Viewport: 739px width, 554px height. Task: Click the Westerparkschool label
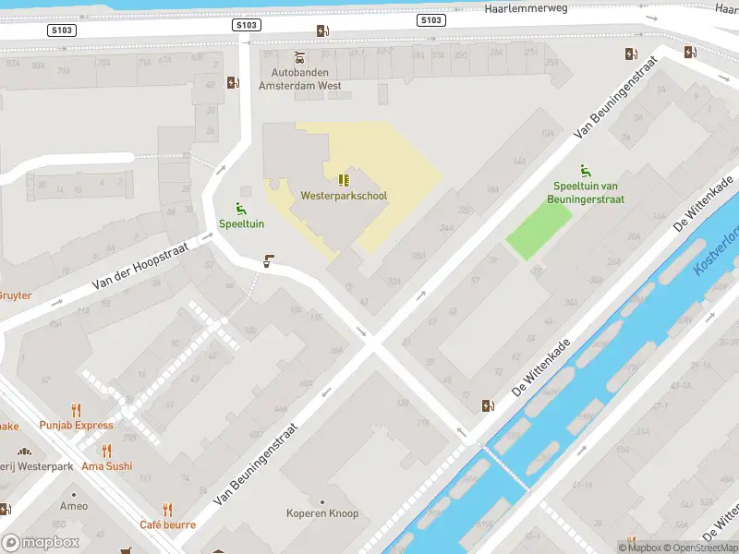click(x=344, y=196)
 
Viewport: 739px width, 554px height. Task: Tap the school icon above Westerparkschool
click(x=344, y=180)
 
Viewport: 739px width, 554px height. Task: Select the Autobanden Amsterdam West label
click(x=300, y=78)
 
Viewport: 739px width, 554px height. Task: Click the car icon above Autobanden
click(x=299, y=56)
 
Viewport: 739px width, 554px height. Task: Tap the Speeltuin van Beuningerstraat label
click(x=588, y=193)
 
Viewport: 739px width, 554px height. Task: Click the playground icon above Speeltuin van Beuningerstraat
click(x=585, y=171)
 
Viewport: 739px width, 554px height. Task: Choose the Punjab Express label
click(x=77, y=426)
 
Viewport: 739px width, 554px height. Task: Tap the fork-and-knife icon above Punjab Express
click(x=76, y=410)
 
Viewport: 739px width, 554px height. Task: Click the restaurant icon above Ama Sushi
click(x=107, y=452)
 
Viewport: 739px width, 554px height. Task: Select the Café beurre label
click(x=167, y=524)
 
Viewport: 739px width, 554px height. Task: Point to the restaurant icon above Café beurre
click(x=167, y=509)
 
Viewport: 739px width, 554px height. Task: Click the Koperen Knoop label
click(x=322, y=513)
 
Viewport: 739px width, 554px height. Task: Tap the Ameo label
click(x=74, y=506)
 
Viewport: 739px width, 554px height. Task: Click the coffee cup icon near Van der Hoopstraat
click(x=269, y=261)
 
